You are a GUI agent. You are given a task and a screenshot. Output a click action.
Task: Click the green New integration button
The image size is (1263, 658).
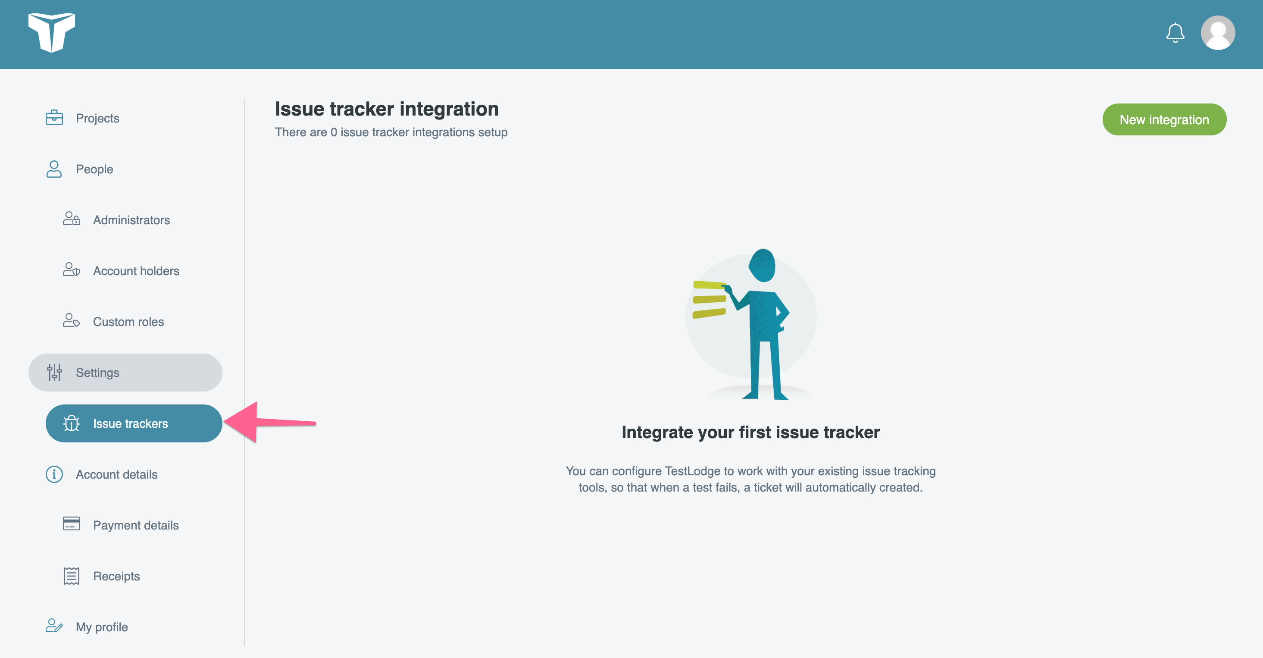[1164, 119]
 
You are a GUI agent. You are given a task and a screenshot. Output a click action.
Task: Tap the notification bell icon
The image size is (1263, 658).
[1175, 33]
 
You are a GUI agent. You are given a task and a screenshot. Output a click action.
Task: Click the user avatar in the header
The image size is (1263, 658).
[1218, 33]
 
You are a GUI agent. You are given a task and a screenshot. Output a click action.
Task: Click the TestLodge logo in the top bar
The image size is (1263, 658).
[51, 32]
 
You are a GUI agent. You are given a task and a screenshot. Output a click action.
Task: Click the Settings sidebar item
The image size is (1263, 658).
[125, 373]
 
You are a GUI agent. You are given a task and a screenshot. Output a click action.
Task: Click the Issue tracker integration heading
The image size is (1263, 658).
[387, 109]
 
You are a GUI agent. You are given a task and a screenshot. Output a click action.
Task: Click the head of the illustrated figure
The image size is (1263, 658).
[762, 265]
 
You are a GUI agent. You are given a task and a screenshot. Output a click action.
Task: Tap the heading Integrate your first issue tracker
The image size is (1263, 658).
[750, 432]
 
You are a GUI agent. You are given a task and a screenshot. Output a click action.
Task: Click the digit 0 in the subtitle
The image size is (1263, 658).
[334, 132]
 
